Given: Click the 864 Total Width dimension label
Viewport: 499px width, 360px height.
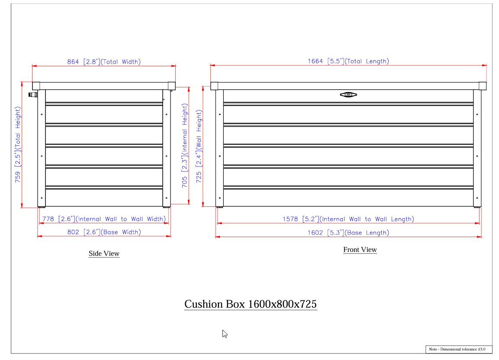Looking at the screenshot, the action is pyautogui.click(x=104, y=62).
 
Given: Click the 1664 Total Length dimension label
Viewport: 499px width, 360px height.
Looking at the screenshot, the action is pyautogui.click(x=348, y=61).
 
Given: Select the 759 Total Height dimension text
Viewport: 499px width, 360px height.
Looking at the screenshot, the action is pyautogui.click(x=18, y=145).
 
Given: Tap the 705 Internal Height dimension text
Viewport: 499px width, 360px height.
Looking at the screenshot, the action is pyautogui.click(x=184, y=145).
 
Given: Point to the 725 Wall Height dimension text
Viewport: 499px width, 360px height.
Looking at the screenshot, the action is pyautogui.click(x=199, y=146).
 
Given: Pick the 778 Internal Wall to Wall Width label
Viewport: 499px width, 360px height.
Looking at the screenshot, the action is pyautogui.click(x=104, y=219).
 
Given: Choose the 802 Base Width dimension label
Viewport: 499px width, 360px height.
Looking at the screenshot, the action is pyautogui.click(x=104, y=232).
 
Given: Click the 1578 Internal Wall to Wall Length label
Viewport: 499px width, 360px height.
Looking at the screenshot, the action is pyautogui.click(x=348, y=219).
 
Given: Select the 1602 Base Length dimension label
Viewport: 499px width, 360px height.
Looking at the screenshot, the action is pyautogui.click(x=348, y=233).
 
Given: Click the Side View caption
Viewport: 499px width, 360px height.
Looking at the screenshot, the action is pyautogui.click(x=104, y=254).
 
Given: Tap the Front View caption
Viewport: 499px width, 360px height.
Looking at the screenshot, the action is pyautogui.click(x=360, y=250).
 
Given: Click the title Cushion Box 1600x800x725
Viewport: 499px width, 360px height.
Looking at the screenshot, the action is pyautogui.click(x=251, y=304).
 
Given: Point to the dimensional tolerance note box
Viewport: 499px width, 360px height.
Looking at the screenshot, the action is pyautogui.click(x=459, y=349).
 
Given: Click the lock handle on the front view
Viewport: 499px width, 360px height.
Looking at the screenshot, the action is pyautogui.click(x=348, y=94).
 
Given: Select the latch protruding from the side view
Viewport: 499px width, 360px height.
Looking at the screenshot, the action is pyautogui.click(x=33, y=94).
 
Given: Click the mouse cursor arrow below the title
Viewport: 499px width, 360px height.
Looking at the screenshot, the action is pyautogui.click(x=224, y=334).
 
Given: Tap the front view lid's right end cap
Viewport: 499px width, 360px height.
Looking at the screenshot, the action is pyautogui.click(x=483, y=86).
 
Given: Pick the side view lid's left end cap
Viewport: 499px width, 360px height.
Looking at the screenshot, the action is pyautogui.click(x=36, y=86).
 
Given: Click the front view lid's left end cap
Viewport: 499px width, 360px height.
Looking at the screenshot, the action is pyautogui.click(x=214, y=86).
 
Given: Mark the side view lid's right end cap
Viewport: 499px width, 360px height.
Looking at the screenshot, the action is pyautogui.click(x=171, y=86).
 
